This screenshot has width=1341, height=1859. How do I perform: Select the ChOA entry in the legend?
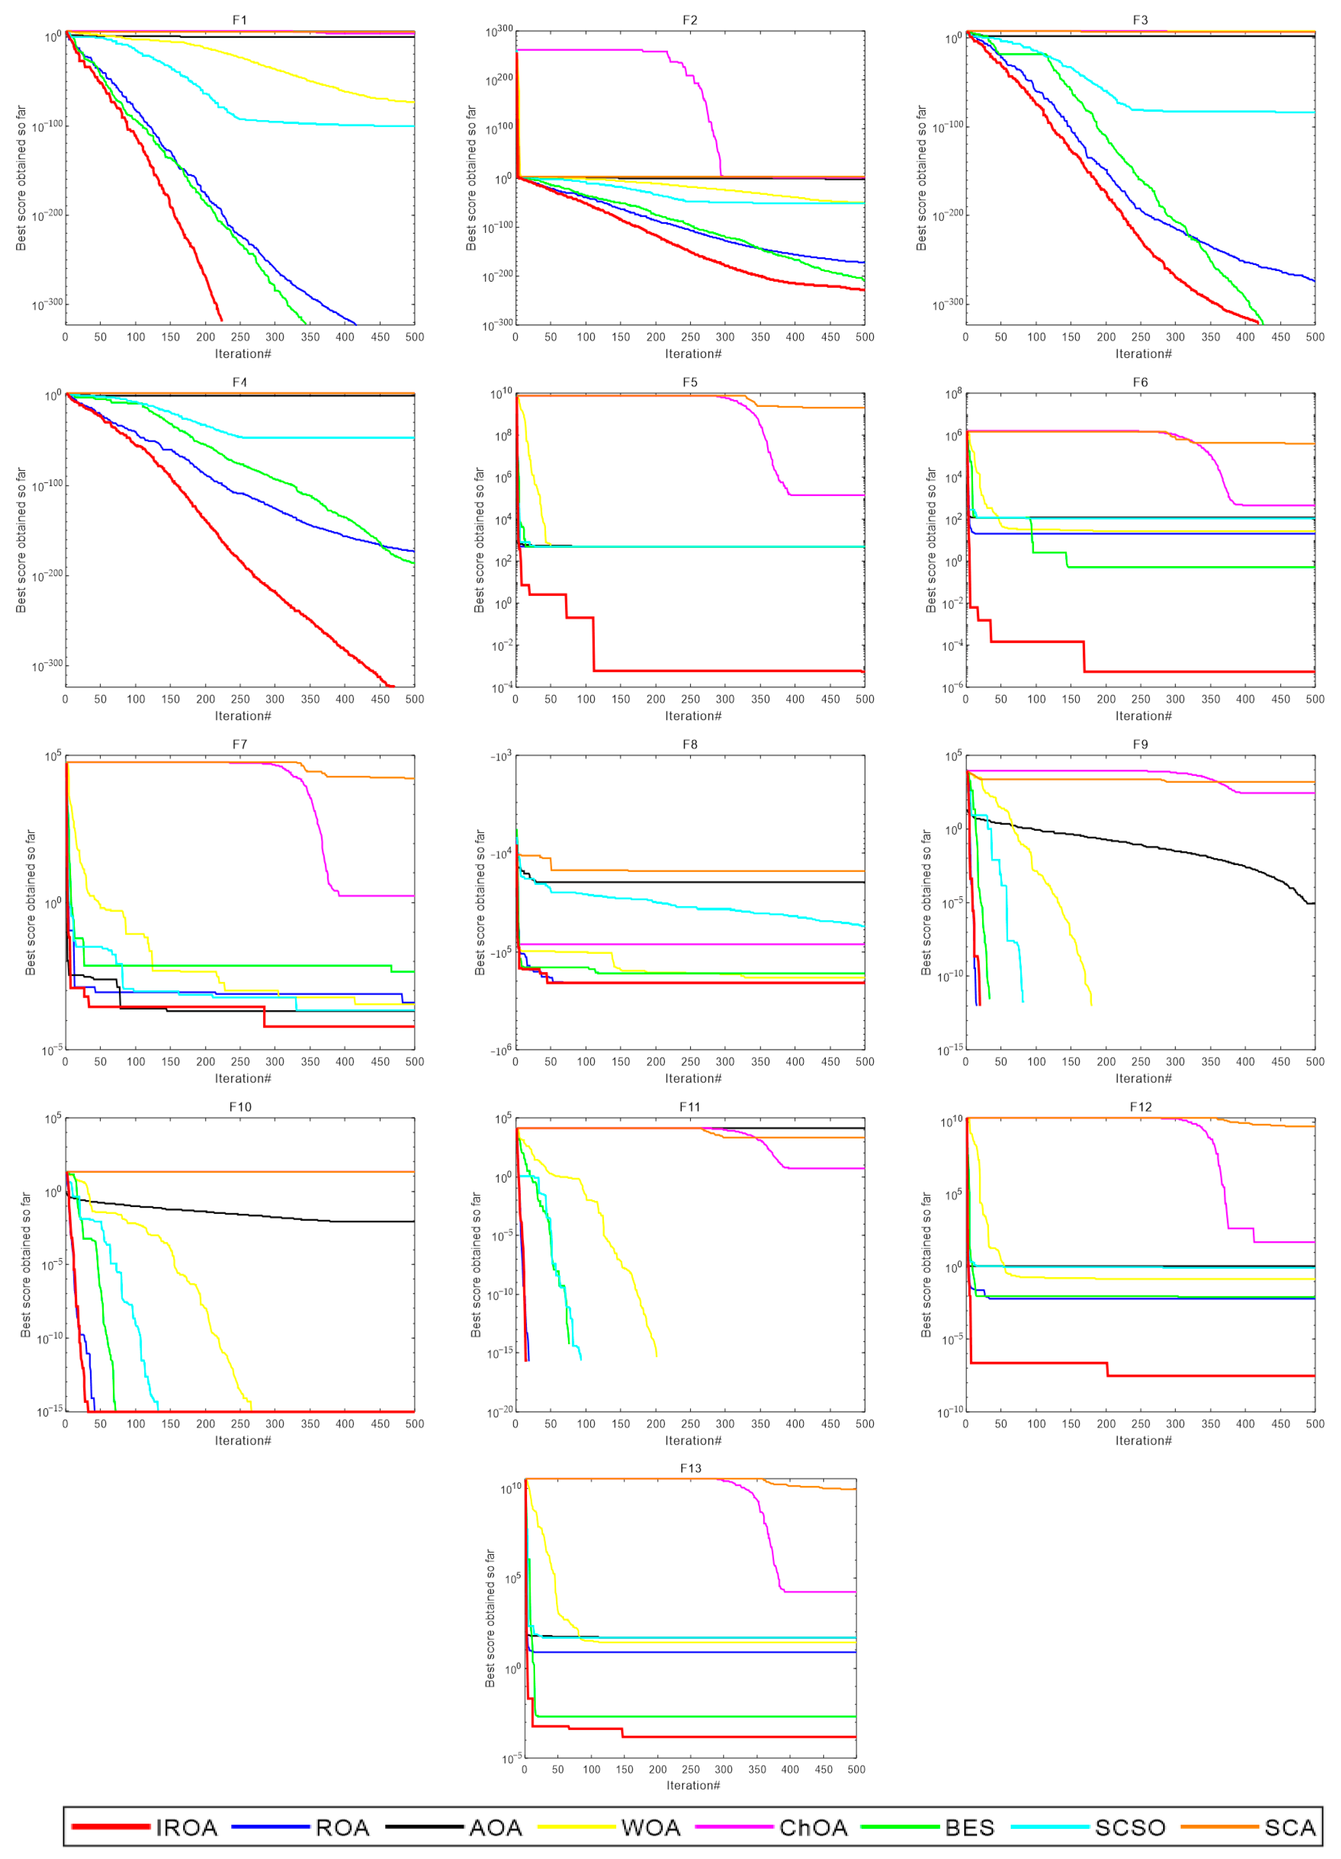813,1827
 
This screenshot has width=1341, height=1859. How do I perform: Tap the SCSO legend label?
1130,1827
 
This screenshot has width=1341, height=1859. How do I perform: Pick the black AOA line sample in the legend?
425,1826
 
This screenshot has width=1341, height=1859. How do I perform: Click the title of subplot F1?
239,20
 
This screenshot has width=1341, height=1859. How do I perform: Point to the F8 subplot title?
690,744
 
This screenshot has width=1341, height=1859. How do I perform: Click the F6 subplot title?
1140,382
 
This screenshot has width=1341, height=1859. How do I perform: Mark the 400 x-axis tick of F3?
1245,337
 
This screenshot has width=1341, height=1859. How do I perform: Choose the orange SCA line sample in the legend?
1219,1826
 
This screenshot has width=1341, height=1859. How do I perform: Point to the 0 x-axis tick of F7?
66,1062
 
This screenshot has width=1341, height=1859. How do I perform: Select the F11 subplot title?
690,1107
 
